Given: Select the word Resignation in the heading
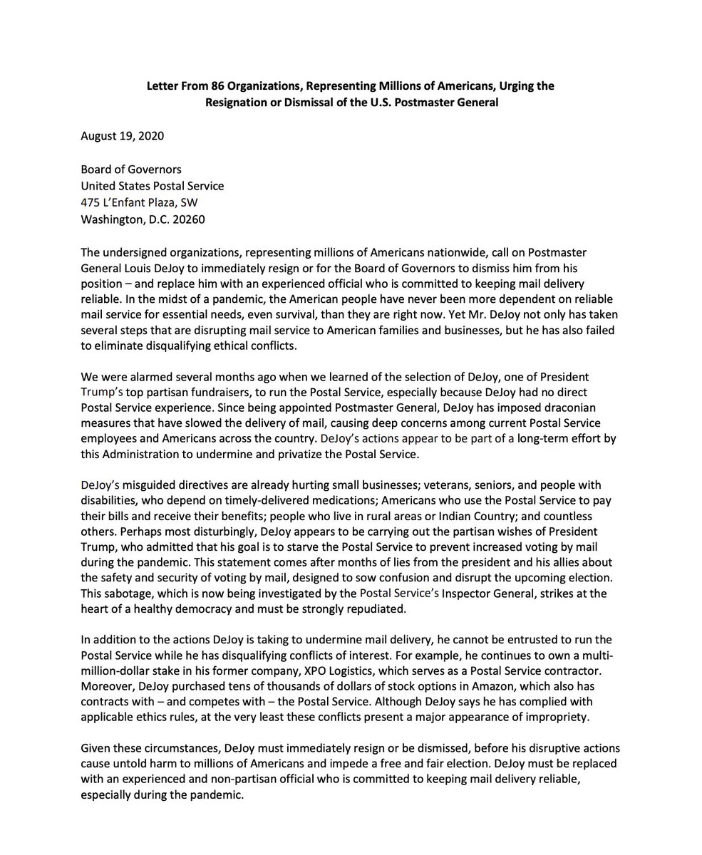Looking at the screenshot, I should [x=236, y=102].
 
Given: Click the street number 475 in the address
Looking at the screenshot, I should [x=91, y=202].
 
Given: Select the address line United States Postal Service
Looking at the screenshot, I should [x=152, y=186].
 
